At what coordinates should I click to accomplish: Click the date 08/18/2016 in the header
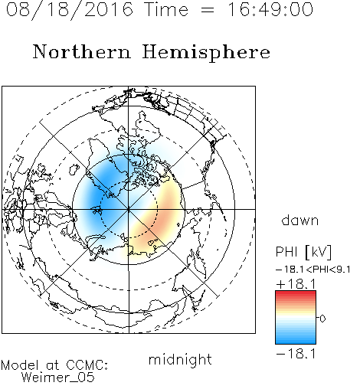point(70,10)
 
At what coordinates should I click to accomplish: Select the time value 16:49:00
point(270,10)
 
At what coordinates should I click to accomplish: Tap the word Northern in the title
point(82,52)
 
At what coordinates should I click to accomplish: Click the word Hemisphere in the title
point(206,53)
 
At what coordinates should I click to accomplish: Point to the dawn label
point(300,221)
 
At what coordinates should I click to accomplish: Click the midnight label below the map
point(180,360)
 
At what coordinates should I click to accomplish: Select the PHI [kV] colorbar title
point(303,252)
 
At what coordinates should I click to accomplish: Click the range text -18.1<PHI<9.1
point(313,270)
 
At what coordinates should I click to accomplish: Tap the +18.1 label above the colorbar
point(296,284)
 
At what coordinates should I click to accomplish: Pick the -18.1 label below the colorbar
point(296,354)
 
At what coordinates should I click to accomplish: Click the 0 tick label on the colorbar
point(322,319)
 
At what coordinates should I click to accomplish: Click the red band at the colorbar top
point(296,294)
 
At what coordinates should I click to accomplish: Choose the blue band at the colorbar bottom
point(296,341)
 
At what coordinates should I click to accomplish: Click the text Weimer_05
point(58,378)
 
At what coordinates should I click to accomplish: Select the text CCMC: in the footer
point(87,365)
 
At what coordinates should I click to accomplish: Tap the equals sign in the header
point(208,10)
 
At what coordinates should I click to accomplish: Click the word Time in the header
point(166,10)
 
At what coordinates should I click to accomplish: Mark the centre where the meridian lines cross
point(129,209)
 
